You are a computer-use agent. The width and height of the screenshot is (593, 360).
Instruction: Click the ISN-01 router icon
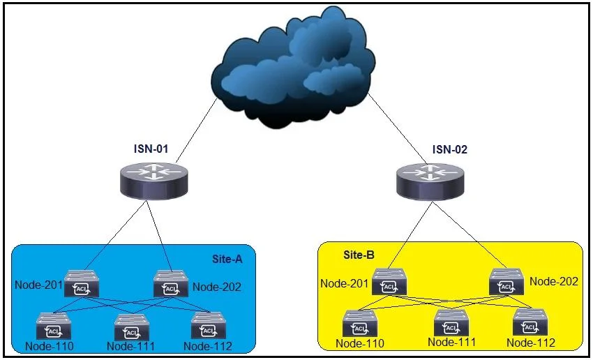pyautogui.click(x=154, y=181)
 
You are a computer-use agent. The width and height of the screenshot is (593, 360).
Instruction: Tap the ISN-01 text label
pyautogui.click(x=151, y=149)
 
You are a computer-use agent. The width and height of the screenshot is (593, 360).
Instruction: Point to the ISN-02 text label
pyautogui.click(x=450, y=149)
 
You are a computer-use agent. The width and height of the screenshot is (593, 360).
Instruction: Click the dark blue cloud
pyautogui.click(x=293, y=68)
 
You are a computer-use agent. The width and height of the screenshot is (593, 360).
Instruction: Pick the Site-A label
pyautogui.click(x=227, y=259)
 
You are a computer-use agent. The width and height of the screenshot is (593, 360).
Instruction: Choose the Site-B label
pyautogui.click(x=359, y=255)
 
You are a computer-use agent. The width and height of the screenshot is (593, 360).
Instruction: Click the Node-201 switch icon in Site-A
pyautogui.click(x=82, y=284)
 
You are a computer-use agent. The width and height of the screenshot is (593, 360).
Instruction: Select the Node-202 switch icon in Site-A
pyautogui.click(x=170, y=284)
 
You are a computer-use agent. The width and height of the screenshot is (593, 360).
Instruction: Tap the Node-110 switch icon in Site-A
pyautogui.click(x=53, y=326)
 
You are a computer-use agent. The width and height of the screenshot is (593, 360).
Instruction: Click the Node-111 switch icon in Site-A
pyautogui.click(x=132, y=327)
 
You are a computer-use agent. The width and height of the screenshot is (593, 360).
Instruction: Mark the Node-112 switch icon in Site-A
pyautogui.click(x=209, y=326)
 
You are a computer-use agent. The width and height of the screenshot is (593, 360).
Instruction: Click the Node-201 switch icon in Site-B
pyautogui.click(x=389, y=282)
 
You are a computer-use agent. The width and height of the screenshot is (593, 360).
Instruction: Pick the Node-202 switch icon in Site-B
pyautogui.click(x=506, y=282)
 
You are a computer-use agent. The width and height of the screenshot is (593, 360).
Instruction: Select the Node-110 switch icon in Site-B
pyautogui.click(x=360, y=323)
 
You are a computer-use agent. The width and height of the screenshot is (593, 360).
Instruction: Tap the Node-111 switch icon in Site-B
pyautogui.click(x=451, y=322)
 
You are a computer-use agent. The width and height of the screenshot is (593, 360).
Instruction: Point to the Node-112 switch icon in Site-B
pyautogui.click(x=530, y=322)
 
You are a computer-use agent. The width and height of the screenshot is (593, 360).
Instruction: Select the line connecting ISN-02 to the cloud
pyautogui.click(x=398, y=128)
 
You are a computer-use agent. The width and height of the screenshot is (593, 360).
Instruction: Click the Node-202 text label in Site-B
pyautogui.click(x=554, y=281)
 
